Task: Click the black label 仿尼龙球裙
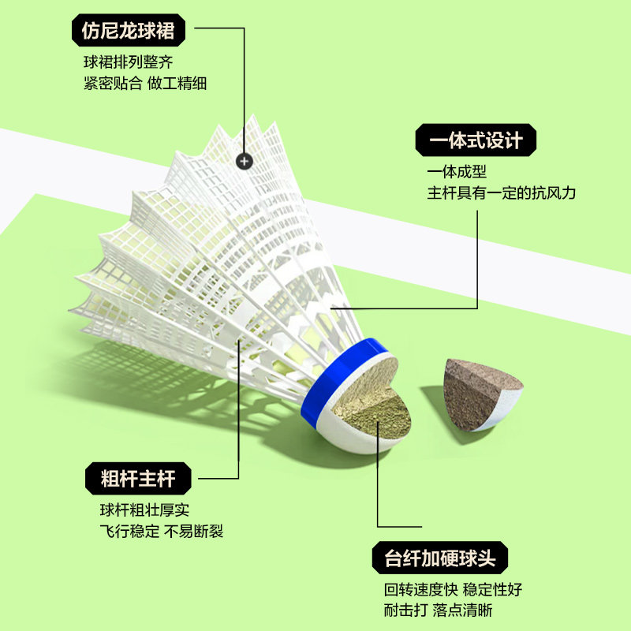coord(127,31)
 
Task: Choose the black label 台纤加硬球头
coord(439,559)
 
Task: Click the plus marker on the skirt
coord(244,160)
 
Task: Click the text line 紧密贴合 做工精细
coord(145,82)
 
